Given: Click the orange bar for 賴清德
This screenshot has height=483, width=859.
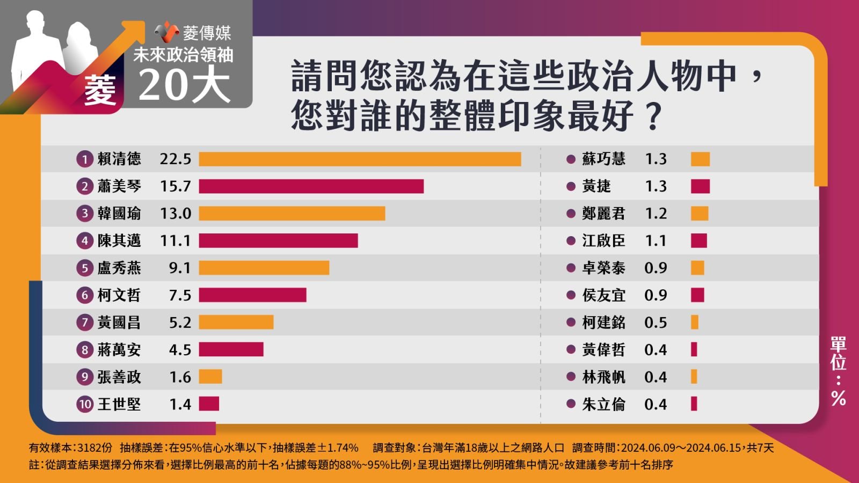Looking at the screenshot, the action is tap(360, 159).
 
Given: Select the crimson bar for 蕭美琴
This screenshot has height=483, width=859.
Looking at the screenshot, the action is tap(311, 186).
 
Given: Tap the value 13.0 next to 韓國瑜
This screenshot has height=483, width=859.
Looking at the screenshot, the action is tap(175, 214).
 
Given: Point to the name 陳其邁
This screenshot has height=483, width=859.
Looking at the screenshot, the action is tap(119, 241).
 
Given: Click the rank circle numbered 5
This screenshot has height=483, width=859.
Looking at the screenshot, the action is tap(85, 268).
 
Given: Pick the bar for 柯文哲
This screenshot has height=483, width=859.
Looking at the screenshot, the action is tap(252, 295).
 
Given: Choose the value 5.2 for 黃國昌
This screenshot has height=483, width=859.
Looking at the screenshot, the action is tap(180, 323).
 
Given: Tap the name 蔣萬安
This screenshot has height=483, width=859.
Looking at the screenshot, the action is tap(119, 349).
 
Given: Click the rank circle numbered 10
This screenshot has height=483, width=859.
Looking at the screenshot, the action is tap(85, 404).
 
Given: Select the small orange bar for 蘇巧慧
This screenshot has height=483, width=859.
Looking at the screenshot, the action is tap(700, 159).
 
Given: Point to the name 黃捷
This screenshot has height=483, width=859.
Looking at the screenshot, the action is tap(596, 186).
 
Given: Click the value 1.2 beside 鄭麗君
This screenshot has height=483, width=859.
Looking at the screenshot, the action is tap(656, 214).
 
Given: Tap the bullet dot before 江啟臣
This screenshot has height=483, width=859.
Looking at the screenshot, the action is tap(571, 241).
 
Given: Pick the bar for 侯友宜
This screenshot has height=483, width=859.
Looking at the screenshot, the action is tap(697, 295).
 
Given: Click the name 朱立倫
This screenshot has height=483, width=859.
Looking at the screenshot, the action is tap(603, 404).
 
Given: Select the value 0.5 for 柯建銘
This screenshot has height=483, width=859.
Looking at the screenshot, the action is tap(656, 323).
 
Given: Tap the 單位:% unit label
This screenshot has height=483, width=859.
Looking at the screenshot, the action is tap(838, 371).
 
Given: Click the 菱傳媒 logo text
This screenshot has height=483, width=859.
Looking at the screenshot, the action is tap(207, 33).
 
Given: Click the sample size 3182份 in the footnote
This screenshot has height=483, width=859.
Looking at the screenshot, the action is tap(94, 448).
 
